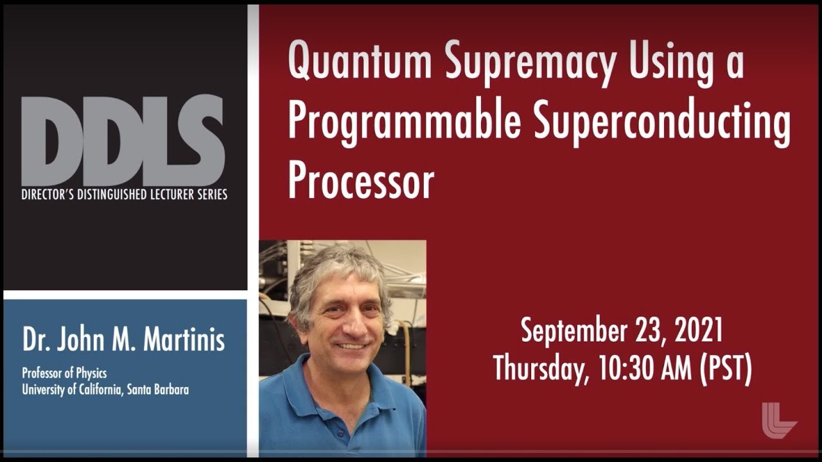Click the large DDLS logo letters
[123, 141]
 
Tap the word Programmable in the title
[405, 122]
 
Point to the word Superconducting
[661, 122]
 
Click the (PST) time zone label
[725, 370]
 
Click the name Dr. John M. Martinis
[123, 339]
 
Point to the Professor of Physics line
[64, 373]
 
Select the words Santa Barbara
[158, 389]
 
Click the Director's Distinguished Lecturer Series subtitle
[124, 194]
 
